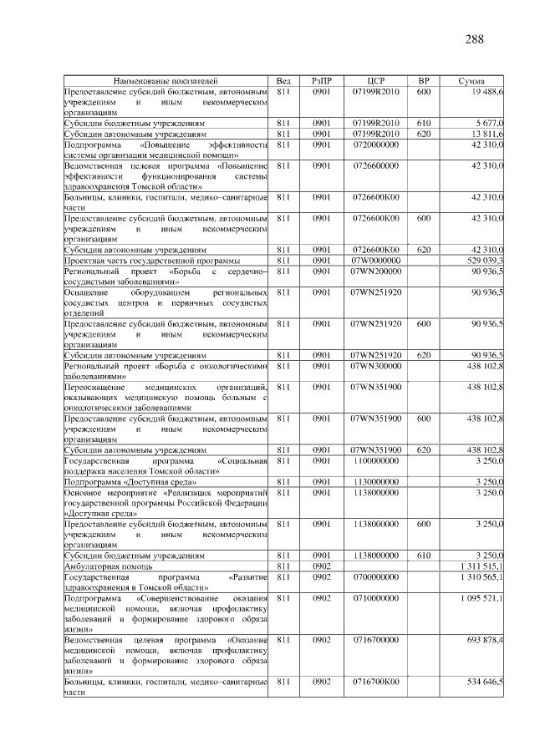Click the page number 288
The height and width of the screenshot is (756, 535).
[x=472, y=39]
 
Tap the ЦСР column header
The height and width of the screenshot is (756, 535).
[x=375, y=81]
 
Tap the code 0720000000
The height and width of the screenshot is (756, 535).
[x=375, y=144]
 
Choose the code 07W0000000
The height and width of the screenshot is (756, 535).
[x=375, y=260]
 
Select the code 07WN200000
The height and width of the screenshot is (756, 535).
[x=375, y=271]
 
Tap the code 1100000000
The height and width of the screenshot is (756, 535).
[x=375, y=459]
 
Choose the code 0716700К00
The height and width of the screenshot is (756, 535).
[x=375, y=682]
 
